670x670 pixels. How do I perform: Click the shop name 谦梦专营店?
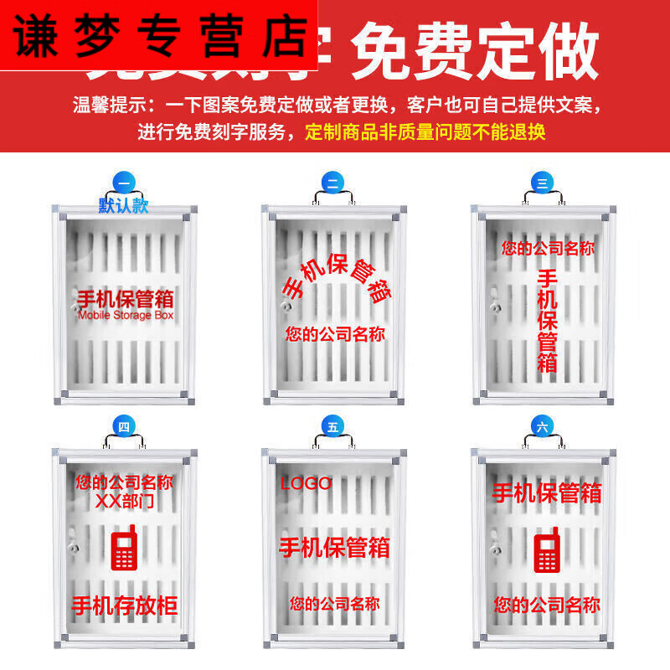click(159, 35)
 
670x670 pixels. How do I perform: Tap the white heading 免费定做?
click(475, 51)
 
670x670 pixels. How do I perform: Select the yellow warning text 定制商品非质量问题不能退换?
click(425, 131)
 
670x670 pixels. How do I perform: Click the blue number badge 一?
click(123, 183)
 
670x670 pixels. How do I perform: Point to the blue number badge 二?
click(332, 184)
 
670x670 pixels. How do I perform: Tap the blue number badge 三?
click(542, 184)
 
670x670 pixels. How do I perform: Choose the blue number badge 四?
click(123, 427)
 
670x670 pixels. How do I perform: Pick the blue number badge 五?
click(332, 427)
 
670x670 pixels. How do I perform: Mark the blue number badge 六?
click(542, 427)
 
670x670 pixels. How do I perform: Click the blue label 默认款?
click(123, 205)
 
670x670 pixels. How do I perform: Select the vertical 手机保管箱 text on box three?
click(547, 321)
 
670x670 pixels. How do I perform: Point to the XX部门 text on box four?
click(124, 502)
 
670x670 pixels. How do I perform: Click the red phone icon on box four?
click(124, 549)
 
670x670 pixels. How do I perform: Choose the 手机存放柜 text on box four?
click(124, 606)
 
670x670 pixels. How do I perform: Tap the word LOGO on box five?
click(306, 483)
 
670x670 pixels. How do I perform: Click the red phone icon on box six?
click(547, 549)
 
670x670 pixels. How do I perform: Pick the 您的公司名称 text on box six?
click(547, 605)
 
